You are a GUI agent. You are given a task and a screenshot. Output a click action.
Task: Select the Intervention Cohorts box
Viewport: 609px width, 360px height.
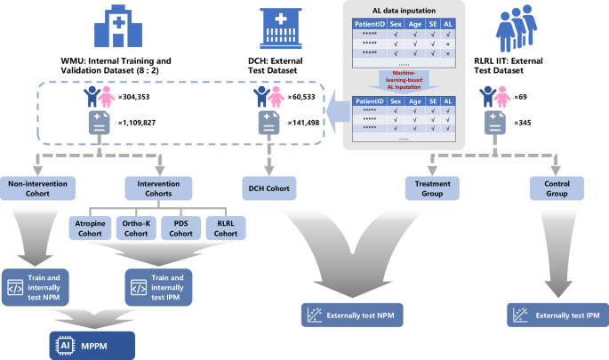point(159,188)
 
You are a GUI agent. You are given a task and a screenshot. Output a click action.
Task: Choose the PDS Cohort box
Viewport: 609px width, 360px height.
point(181,228)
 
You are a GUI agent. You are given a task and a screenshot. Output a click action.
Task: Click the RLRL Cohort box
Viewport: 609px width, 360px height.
point(226,228)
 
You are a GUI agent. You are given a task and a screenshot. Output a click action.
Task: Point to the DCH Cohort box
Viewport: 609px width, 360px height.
point(270,188)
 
